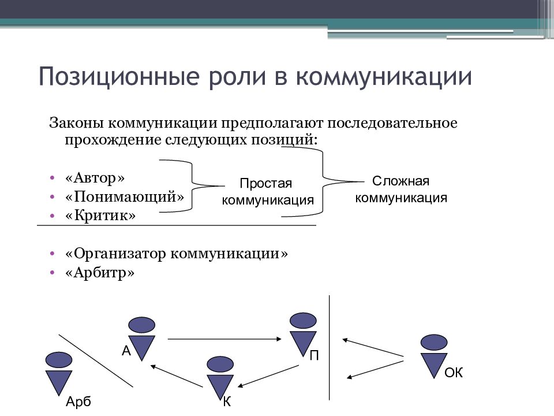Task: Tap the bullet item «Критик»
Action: pyautogui.click(x=100, y=216)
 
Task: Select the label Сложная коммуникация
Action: pyautogui.click(x=401, y=189)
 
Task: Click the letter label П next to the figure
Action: pyautogui.click(x=314, y=355)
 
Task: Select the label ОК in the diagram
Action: pyautogui.click(x=454, y=373)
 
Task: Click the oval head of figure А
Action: pyautogui.click(x=142, y=324)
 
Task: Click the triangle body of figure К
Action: pyautogui.click(x=219, y=385)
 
